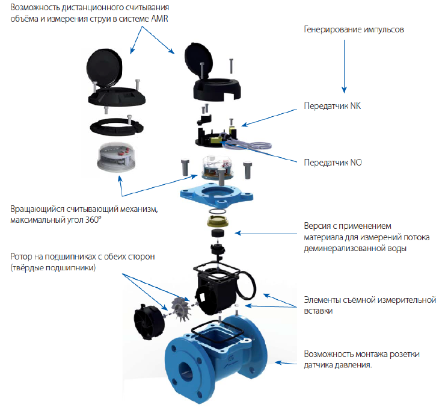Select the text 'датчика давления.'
(337, 364)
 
